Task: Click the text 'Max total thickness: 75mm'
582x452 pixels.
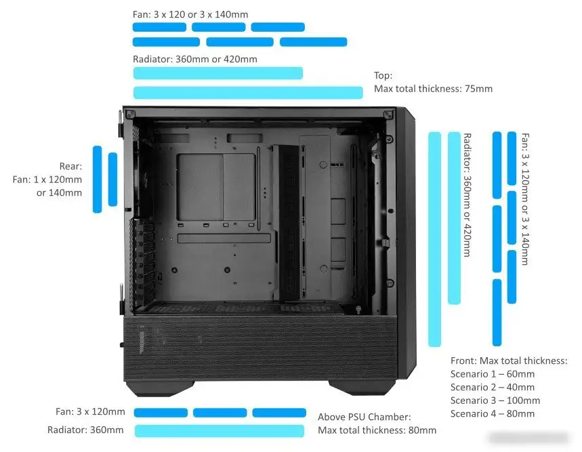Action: (433, 89)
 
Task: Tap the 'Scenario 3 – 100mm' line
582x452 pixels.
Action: (495, 400)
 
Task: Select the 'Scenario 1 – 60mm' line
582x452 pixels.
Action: (493, 373)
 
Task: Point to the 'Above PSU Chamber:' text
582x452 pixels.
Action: (364, 417)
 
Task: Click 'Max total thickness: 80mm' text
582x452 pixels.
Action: (377, 430)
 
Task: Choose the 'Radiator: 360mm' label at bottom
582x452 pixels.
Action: (85, 430)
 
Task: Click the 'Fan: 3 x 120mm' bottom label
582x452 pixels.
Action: (90, 411)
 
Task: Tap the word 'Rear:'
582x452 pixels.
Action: (70, 166)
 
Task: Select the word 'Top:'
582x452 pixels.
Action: (383, 75)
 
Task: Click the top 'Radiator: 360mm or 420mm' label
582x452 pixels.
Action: (195, 59)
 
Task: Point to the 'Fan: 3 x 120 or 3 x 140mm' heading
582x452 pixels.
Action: (190, 14)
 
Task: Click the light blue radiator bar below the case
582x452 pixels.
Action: (220, 431)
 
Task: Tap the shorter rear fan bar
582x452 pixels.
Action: (113, 179)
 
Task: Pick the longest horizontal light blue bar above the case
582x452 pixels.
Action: (248, 92)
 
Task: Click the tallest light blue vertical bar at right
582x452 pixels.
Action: (435, 239)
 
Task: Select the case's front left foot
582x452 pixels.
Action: (161, 388)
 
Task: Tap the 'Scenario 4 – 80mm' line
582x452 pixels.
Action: (493, 414)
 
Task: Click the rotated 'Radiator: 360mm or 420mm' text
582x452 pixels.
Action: (467, 195)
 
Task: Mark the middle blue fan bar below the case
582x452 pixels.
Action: (220, 413)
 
